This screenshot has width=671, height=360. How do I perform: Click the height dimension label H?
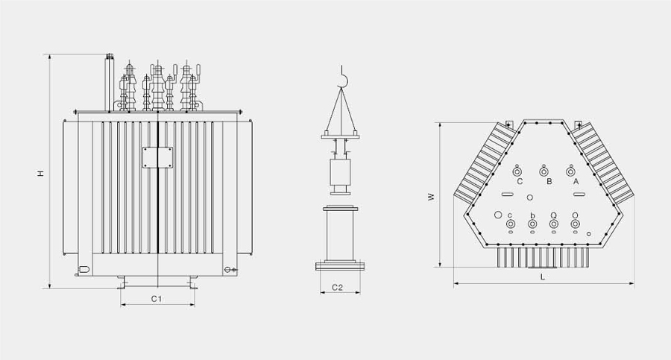click(40, 173)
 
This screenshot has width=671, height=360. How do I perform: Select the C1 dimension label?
click(157, 299)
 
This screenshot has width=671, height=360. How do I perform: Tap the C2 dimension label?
click(338, 287)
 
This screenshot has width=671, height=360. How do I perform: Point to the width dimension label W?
click(432, 197)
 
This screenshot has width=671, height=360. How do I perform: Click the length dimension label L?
click(543, 277)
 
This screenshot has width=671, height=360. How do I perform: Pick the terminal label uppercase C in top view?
click(520, 182)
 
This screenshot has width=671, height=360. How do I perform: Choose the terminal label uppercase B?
click(549, 182)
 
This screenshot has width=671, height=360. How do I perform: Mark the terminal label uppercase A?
click(576, 182)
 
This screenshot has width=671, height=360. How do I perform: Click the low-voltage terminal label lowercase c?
click(510, 215)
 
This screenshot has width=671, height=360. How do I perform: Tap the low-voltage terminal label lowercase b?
click(532, 215)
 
